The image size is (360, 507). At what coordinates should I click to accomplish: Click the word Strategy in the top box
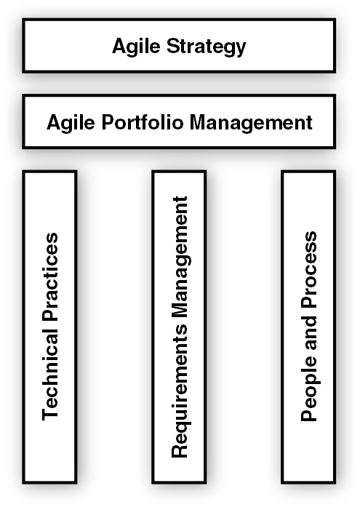click(206, 47)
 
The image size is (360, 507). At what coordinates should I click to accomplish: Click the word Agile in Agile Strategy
click(137, 47)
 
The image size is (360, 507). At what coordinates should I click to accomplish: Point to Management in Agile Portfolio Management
click(251, 123)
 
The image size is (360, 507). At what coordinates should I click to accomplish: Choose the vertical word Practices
click(50, 277)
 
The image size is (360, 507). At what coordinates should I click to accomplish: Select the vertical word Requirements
click(180, 391)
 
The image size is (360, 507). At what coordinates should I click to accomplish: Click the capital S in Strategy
click(172, 46)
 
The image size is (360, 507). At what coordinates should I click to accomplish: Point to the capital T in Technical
click(50, 414)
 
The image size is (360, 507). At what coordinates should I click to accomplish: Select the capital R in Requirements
click(180, 450)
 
